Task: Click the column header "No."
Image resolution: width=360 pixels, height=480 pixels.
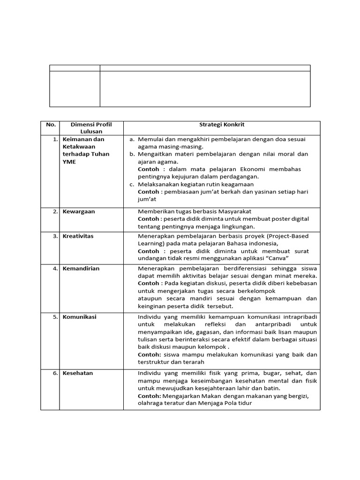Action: (51, 125)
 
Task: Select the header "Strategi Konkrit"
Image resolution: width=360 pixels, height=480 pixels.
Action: (222, 125)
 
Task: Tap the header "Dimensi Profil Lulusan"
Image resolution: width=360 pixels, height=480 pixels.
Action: (91, 128)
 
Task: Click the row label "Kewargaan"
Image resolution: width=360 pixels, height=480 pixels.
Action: (79, 211)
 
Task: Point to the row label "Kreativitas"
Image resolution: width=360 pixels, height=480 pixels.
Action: (78, 236)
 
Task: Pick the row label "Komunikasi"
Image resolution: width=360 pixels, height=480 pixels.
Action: (80, 317)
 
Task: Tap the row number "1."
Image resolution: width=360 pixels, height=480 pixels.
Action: (55, 139)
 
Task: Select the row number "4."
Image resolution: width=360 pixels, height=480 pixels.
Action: (55, 269)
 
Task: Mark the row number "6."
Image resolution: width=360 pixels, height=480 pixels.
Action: (55, 373)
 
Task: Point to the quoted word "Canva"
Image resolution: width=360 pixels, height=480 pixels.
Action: (277, 258)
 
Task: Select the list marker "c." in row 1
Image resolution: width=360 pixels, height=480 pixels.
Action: (132, 184)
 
